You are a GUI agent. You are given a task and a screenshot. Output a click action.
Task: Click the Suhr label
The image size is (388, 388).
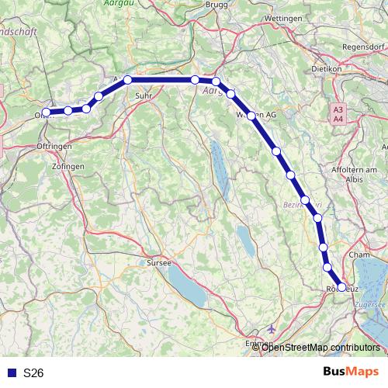click(x=143, y=96)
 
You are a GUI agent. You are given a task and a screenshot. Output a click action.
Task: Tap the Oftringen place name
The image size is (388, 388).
click(x=54, y=146)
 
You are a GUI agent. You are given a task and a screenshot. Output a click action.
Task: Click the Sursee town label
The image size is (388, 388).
click(x=159, y=263)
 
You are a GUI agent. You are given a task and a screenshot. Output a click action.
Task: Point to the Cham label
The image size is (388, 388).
click(x=359, y=255)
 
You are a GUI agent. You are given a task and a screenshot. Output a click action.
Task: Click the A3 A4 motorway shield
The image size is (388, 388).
click(x=338, y=115)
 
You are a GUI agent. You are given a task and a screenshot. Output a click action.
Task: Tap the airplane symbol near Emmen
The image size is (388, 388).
click(x=271, y=329)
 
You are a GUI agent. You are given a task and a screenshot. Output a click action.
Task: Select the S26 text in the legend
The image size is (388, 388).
click(x=33, y=372)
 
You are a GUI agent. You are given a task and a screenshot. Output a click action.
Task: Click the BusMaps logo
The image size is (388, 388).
click(x=350, y=372)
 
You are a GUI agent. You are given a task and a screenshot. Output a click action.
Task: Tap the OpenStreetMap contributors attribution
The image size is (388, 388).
click(x=321, y=347)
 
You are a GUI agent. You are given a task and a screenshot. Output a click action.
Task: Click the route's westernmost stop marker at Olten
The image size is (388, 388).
click(x=47, y=112)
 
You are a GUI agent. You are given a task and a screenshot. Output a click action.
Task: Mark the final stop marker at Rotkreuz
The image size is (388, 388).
click(x=342, y=287)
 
